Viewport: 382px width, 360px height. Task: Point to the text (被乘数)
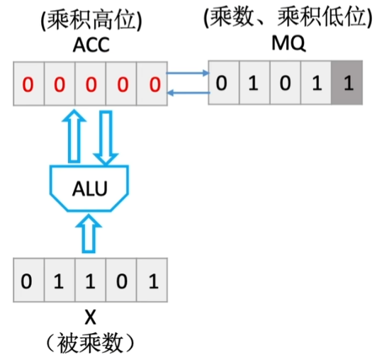click(89, 344)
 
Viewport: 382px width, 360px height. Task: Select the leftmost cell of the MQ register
click(223, 84)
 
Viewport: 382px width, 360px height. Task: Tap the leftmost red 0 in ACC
click(28, 86)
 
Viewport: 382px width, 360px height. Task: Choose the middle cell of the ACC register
click(90, 86)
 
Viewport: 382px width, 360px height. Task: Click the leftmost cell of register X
click(28, 281)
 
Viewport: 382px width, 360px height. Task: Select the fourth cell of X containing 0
click(122, 281)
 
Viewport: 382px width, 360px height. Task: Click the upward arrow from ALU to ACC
click(74, 135)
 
